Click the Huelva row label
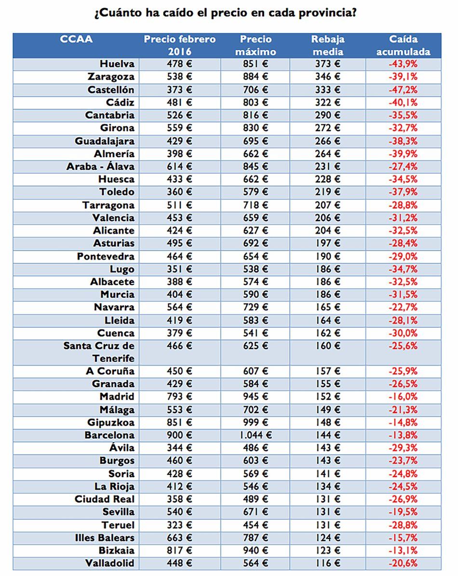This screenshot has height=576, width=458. pos(117,64)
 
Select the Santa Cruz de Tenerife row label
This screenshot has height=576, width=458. pos(99,352)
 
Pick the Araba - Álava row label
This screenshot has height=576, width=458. pos(100,167)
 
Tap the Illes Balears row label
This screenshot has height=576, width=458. pos(105,537)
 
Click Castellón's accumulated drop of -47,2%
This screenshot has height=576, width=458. pos(403,90)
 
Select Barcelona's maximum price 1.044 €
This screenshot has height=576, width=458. pos(256,435)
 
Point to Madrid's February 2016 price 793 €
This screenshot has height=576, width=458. pos(179,397)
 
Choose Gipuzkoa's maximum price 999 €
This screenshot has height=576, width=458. pos(256,423)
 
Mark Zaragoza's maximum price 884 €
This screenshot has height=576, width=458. pos(256,77)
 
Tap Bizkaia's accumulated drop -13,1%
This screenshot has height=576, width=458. pos(403,550)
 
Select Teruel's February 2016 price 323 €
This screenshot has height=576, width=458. pos(179,525)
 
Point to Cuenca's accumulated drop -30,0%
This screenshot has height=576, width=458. pos(403,333)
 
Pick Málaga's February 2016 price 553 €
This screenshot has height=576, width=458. pos(179,410)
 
